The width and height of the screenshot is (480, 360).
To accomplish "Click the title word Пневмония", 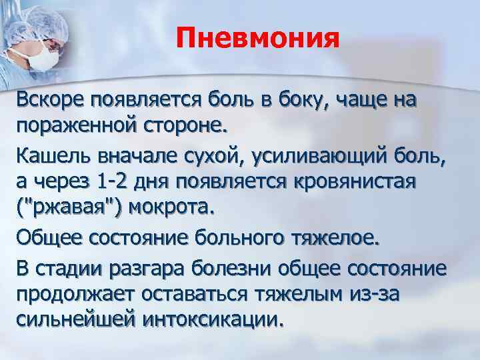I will [258, 39].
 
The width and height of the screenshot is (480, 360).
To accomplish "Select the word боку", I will [303, 101].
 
